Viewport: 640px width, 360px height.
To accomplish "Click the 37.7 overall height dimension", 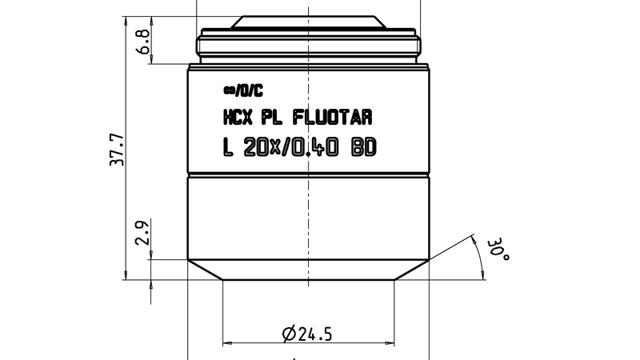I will pos(117,147).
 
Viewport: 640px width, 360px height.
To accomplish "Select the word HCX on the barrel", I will pos(235,118).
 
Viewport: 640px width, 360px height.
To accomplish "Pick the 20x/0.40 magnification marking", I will pos(293,148).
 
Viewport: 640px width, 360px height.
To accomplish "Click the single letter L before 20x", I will pos(227,148).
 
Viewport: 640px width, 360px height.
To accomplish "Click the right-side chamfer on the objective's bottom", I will pos(413,270).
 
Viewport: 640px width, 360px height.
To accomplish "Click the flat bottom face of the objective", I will pos(309,279).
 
